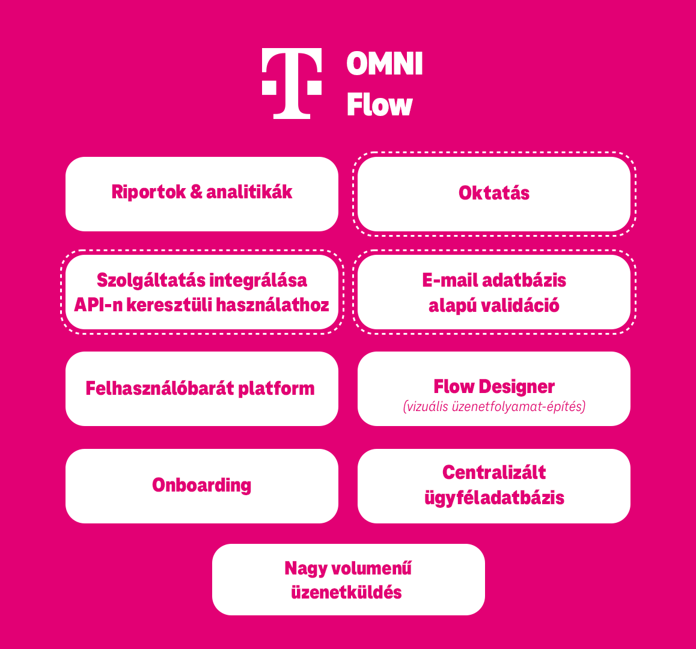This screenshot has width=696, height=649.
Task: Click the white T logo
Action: [x=292, y=82]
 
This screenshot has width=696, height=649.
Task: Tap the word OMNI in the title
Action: [x=385, y=64]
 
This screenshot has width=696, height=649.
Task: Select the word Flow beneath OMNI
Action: [x=379, y=105]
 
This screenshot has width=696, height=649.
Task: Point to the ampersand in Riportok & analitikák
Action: [x=196, y=192]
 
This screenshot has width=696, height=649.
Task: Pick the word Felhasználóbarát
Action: [x=159, y=388]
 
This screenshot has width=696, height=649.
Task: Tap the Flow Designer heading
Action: [x=494, y=386]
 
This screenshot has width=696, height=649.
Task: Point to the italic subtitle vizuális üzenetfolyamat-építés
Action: [x=494, y=407]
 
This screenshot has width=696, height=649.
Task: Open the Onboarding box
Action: [x=202, y=486]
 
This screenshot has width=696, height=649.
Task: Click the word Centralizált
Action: [x=494, y=472]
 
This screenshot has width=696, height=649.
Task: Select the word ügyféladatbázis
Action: [x=494, y=498]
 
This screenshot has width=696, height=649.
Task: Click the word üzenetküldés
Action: [x=346, y=593]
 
